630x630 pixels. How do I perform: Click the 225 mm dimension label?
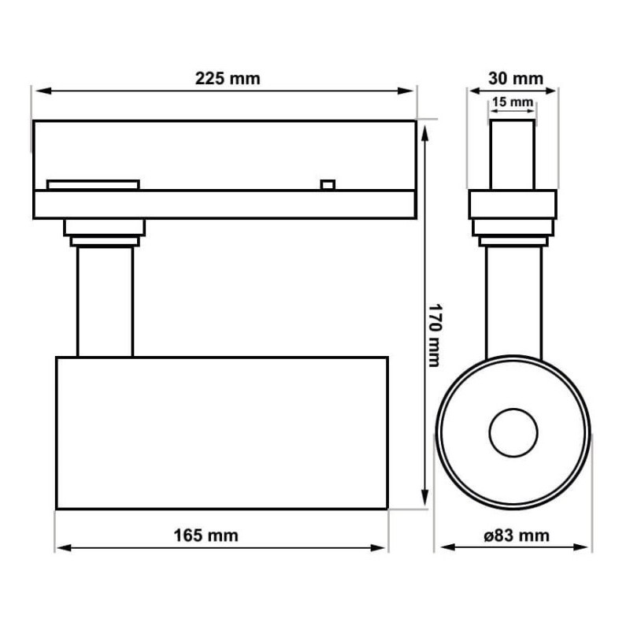pyautogui.click(x=227, y=78)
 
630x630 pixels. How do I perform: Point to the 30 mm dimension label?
pyautogui.click(x=515, y=78)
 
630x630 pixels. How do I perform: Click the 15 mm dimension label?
pyautogui.click(x=512, y=102)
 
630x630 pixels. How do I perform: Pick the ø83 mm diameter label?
pyautogui.click(x=517, y=535)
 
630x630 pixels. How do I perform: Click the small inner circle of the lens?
pyautogui.click(x=513, y=432)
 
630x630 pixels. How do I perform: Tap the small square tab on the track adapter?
pyautogui.click(x=328, y=185)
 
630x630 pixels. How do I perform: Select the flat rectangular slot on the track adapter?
pyautogui.click(x=93, y=185)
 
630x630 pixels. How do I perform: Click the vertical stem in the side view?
pyautogui.click(x=105, y=301)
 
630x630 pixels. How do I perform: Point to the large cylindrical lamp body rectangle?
pyautogui.click(x=221, y=433)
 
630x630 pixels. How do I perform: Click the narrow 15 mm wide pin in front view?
pyautogui.click(x=512, y=154)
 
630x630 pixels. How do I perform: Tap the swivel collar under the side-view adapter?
pyautogui.click(x=513, y=232)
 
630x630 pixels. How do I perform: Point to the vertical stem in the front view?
pyautogui.click(x=513, y=299)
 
